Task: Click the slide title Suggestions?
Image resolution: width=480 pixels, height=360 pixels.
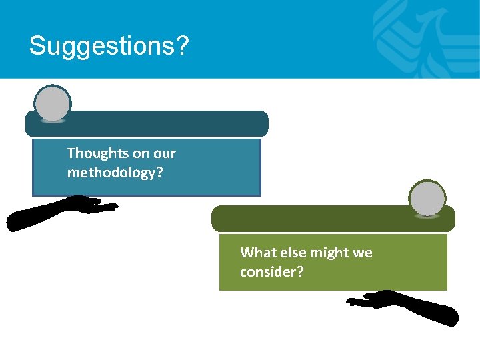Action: click(109, 46)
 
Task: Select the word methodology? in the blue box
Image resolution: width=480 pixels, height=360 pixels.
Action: click(115, 173)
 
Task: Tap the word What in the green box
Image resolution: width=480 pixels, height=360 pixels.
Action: click(257, 253)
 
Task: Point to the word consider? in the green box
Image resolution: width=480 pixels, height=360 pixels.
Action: click(272, 272)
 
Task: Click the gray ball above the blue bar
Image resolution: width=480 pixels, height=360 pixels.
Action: click(52, 104)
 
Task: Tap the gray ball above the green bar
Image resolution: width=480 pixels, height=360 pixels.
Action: click(427, 199)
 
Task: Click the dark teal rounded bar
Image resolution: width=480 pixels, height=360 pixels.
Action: click(147, 124)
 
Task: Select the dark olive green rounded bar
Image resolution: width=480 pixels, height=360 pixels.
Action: click(333, 219)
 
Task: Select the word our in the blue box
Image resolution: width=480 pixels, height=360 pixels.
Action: click(164, 153)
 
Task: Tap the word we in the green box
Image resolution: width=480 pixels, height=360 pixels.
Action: click(363, 253)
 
